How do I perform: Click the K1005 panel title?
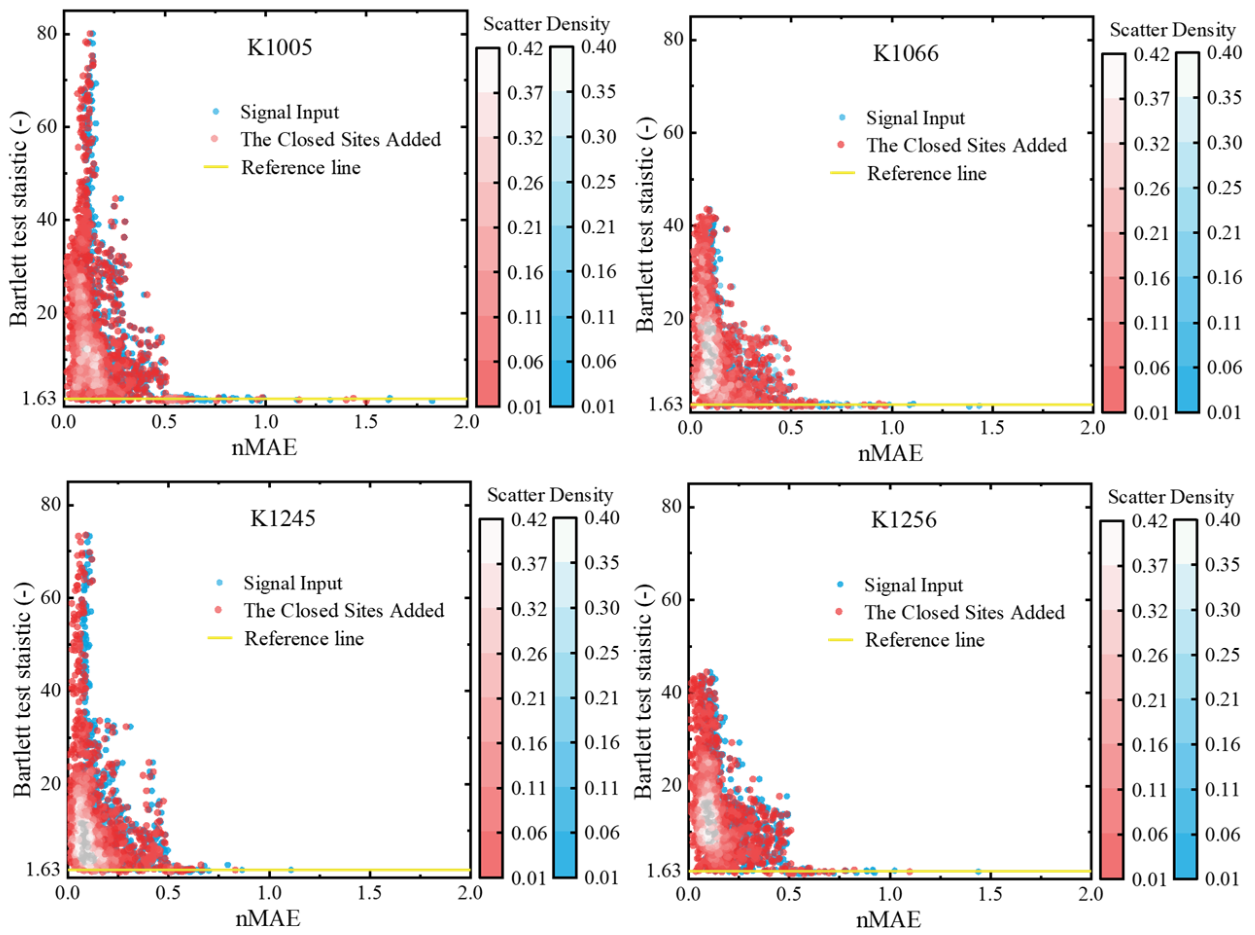pos(279,47)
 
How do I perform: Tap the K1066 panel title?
pos(905,53)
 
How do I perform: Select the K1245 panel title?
pos(282,519)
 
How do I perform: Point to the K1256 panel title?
pos(903,519)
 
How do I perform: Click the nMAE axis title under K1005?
pos(264,448)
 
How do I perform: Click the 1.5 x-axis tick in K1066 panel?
pos(991,427)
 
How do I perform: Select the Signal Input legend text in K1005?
pos(289,112)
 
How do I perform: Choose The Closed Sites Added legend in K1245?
pos(344,610)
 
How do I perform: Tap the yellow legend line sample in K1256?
pos(840,640)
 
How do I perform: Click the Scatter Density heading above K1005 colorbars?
pos(546,24)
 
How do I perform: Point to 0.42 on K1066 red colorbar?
pos(1151,55)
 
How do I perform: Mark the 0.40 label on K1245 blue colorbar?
pos(602,518)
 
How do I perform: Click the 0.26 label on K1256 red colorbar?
pos(1150,656)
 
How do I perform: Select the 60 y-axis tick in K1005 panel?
pos(47,127)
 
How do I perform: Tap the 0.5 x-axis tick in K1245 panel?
pos(168,893)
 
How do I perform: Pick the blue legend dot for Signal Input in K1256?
pos(840,584)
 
